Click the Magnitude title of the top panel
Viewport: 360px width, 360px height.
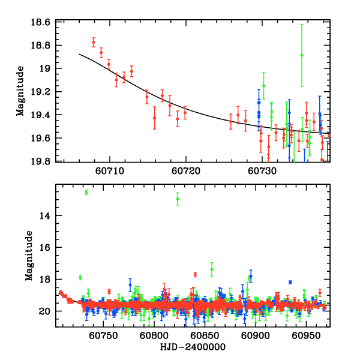pyautogui.click(x=20, y=91)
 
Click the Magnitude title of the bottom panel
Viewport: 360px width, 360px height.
pyautogui.click(x=29, y=256)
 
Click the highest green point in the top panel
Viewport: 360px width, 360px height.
pyautogui.click(x=302, y=55)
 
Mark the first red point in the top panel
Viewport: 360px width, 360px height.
pyautogui.click(x=94, y=42)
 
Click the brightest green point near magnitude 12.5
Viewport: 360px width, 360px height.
pyautogui.click(x=86, y=192)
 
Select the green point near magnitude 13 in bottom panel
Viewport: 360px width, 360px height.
pyautogui.click(x=178, y=199)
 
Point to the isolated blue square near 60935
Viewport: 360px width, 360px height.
pyautogui.click(x=290, y=282)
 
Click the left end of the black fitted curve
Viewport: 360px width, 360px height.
pyautogui.click(x=79, y=54)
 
